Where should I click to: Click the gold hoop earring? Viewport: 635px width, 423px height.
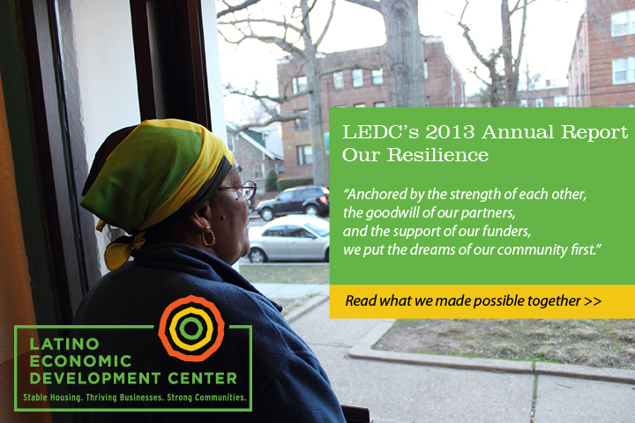pos(208,236)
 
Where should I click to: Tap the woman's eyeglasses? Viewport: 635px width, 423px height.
pos(240,189)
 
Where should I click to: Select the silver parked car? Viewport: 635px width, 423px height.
pos(288,239)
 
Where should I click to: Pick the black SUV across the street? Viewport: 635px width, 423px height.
pos(293,203)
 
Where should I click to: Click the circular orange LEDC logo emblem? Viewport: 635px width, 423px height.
pos(191,328)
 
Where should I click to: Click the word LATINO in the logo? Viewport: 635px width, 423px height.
pos(64,344)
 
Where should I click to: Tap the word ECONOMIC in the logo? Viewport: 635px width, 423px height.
pos(80,361)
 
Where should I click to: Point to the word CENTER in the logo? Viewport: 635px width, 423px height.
pos(203,378)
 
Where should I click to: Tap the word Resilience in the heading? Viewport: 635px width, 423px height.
pos(437,155)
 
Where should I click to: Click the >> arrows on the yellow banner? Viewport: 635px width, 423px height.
pos(593,301)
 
